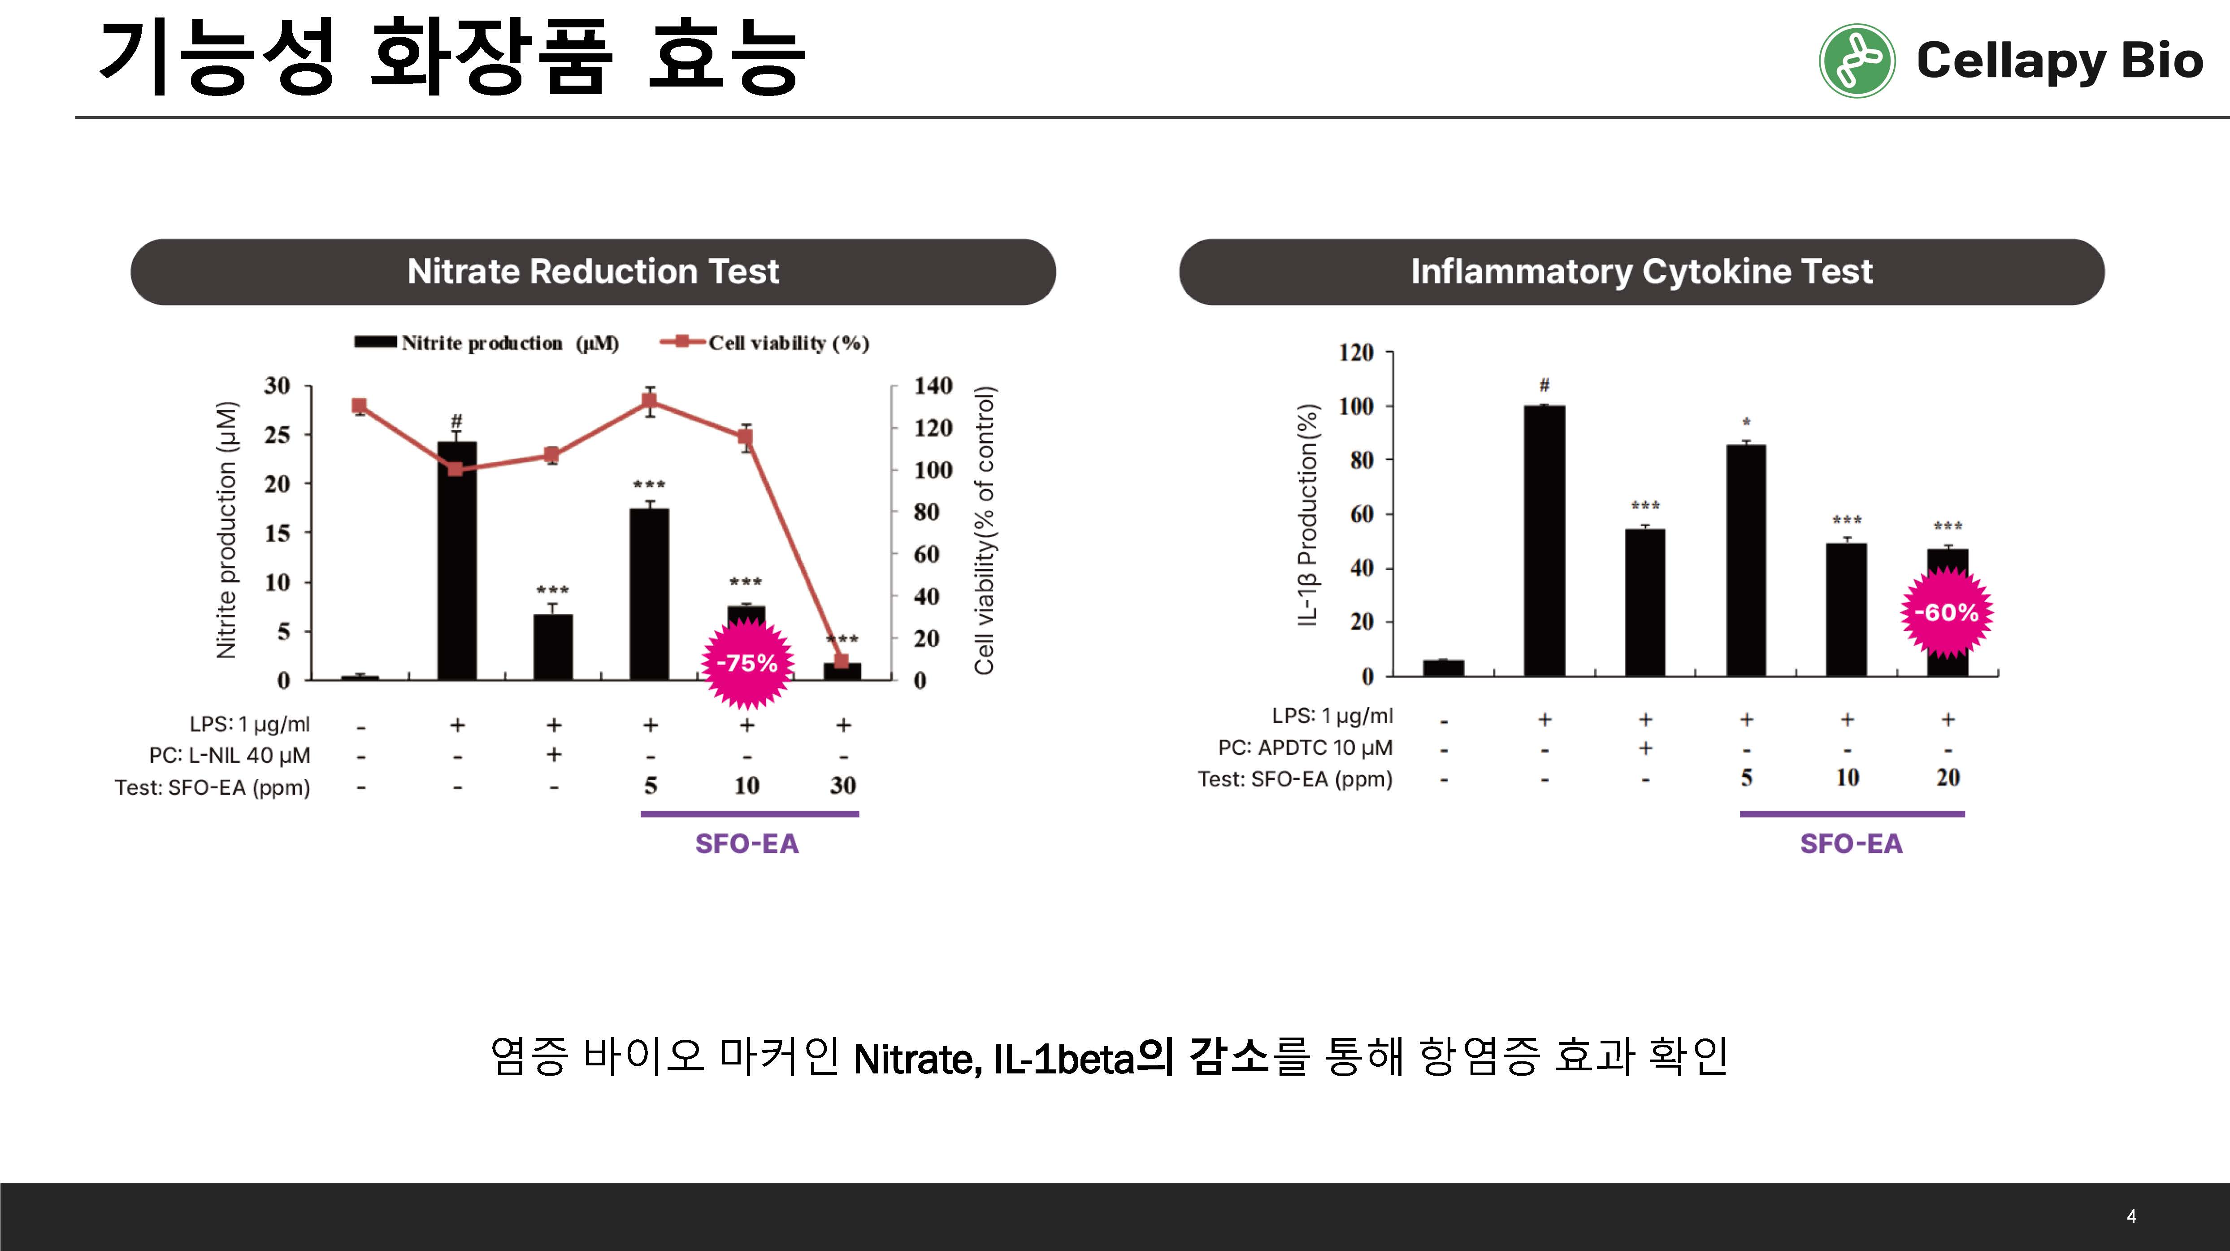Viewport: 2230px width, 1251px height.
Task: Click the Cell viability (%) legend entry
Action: click(765, 343)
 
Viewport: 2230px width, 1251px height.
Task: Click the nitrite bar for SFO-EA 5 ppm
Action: click(649, 594)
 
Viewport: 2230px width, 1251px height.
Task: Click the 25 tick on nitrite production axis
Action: click(277, 434)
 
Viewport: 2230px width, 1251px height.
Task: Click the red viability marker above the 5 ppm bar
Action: click(649, 401)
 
